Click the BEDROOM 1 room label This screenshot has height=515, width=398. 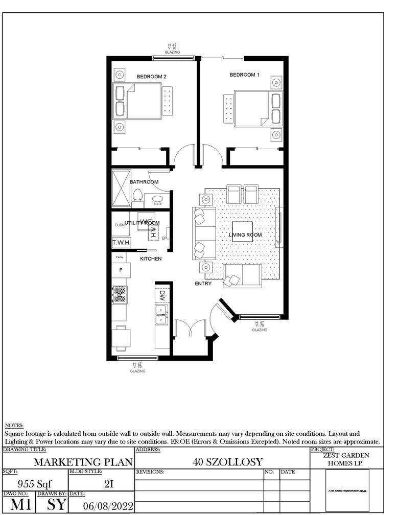[244, 75]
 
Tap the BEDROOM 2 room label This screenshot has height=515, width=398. [151, 77]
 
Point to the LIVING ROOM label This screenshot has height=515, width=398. [245, 235]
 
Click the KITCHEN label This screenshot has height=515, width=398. [151, 259]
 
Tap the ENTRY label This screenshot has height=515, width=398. [203, 284]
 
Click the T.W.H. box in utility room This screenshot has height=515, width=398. [121, 242]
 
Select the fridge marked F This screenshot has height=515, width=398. [121, 269]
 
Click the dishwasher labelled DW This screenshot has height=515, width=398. [161, 295]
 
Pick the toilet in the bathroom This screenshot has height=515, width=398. [137, 197]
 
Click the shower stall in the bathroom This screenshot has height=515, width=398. [121, 188]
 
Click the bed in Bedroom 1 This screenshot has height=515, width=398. [251, 108]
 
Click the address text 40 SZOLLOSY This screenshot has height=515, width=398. [227, 462]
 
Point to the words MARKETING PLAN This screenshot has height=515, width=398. [83, 462]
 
